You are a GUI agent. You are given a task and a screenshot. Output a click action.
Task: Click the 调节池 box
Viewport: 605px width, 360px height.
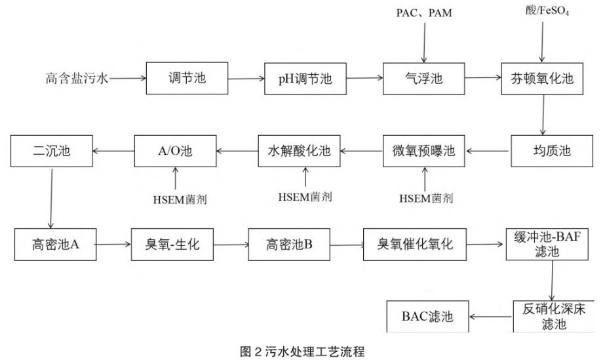[x=187, y=79]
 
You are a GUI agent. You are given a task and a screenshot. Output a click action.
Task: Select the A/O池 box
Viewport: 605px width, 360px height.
[x=174, y=151]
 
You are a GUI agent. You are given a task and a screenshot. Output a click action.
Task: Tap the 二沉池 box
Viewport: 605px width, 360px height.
[x=50, y=151]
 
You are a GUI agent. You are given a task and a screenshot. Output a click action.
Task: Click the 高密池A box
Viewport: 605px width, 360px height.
[x=56, y=245]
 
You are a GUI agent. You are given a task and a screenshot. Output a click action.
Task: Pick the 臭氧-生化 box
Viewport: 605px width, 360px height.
[x=172, y=245]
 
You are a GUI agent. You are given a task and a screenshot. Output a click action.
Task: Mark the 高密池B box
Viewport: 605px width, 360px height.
[x=289, y=245]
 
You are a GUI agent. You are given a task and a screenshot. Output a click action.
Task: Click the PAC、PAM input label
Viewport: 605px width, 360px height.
[x=424, y=13]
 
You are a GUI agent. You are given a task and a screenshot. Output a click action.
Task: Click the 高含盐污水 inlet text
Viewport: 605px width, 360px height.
[x=77, y=79]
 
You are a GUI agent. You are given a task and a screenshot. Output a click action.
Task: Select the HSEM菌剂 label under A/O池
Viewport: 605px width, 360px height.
[x=175, y=197]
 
